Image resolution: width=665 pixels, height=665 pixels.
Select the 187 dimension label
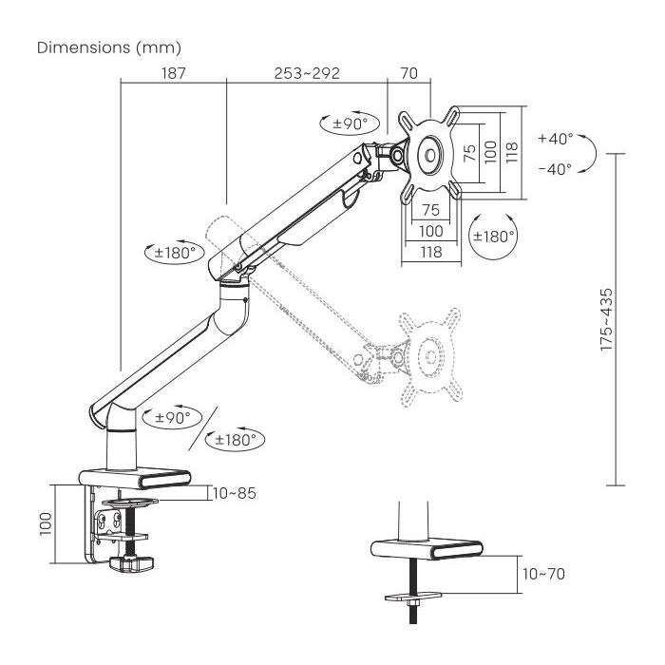coord(172,73)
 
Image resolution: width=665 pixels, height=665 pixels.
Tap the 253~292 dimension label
coord(307,73)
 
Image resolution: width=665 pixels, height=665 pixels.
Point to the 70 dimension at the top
coord(410,73)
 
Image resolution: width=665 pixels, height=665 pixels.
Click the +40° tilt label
coord(555,138)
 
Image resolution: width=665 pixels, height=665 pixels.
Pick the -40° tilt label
coord(555,169)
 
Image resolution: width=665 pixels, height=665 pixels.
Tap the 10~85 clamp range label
coord(236,492)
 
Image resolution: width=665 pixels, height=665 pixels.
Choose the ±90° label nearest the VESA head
coord(350,123)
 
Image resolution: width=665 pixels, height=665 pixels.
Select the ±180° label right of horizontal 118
coord(493,236)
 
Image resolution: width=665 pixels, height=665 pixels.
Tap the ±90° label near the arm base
coord(171,417)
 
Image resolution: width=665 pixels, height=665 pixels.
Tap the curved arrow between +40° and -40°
coord(589,153)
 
